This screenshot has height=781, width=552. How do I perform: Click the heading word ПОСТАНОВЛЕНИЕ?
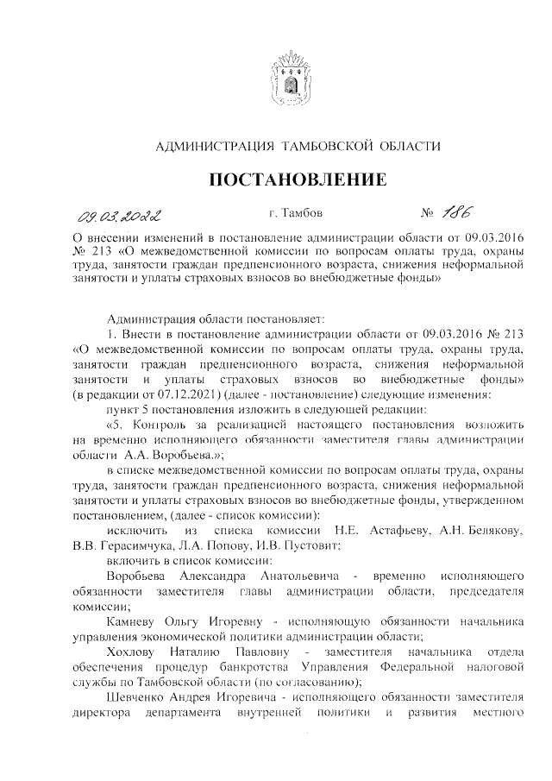[292, 180]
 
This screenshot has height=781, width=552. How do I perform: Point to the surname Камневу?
[133, 621]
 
